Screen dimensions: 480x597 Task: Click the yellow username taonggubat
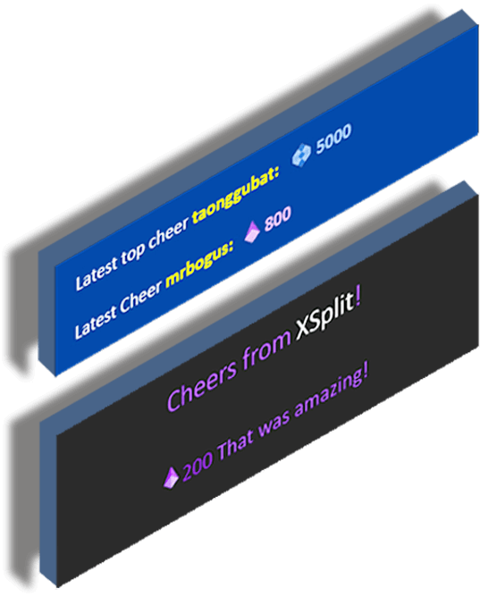[x=236, y=194]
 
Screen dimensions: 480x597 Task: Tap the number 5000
[x=333, y=139]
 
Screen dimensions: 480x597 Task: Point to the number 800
[x=277, y=219]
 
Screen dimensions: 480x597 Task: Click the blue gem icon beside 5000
[x=300, y=155]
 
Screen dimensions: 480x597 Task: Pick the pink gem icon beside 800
[x=251, y=231]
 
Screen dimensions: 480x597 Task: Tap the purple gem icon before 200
[x=171, y=476]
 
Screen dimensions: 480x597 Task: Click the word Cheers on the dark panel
[x=203, y=385]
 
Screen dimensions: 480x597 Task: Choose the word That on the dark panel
[x=236, y=447]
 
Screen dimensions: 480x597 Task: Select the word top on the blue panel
[x=132, y=255]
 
